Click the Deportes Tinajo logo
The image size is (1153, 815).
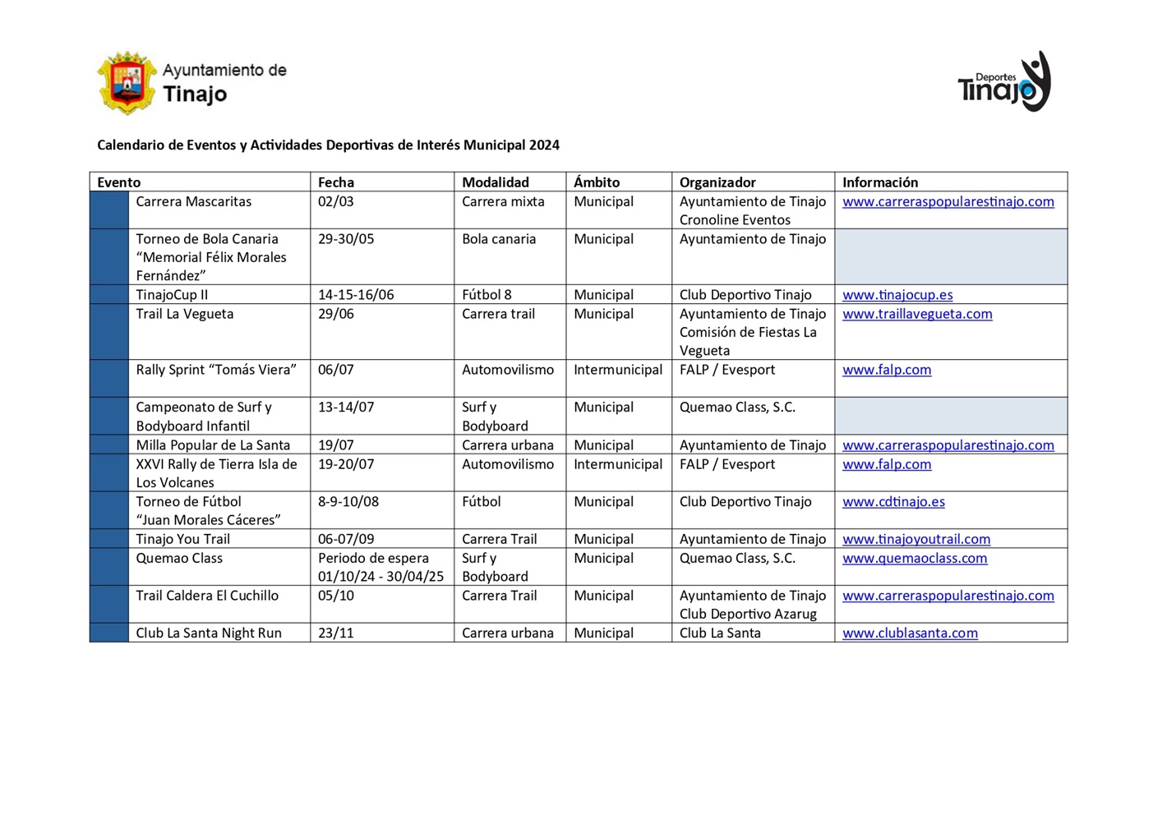click(x=1004, y=82)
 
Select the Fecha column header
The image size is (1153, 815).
click(x=336, y=182)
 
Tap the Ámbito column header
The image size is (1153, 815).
click(x=597, y=182)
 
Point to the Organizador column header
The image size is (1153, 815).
click(x=717, y=182)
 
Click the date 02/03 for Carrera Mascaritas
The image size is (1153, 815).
click(x=336, y=202)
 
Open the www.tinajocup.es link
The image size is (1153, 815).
click(x=897, y=295)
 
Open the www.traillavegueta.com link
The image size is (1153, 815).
click(x=917, y=314)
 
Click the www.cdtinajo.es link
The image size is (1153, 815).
click(x=893, y=502)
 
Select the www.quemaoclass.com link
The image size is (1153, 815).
click(x=915, y=559)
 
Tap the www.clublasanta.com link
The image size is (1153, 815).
click(x=910, y=633)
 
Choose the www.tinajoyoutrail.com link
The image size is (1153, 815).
click(x=916, y=540)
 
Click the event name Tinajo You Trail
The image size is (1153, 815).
click(x=182, y=540)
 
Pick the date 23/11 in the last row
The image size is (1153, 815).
click(x=336, y=633)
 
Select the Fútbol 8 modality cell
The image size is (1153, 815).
click(x=487, y=295)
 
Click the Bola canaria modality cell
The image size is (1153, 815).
click(x=499, y=239)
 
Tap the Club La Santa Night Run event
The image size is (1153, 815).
click(x=209, y=633)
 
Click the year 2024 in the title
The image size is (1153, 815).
click(x=544, y=145)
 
